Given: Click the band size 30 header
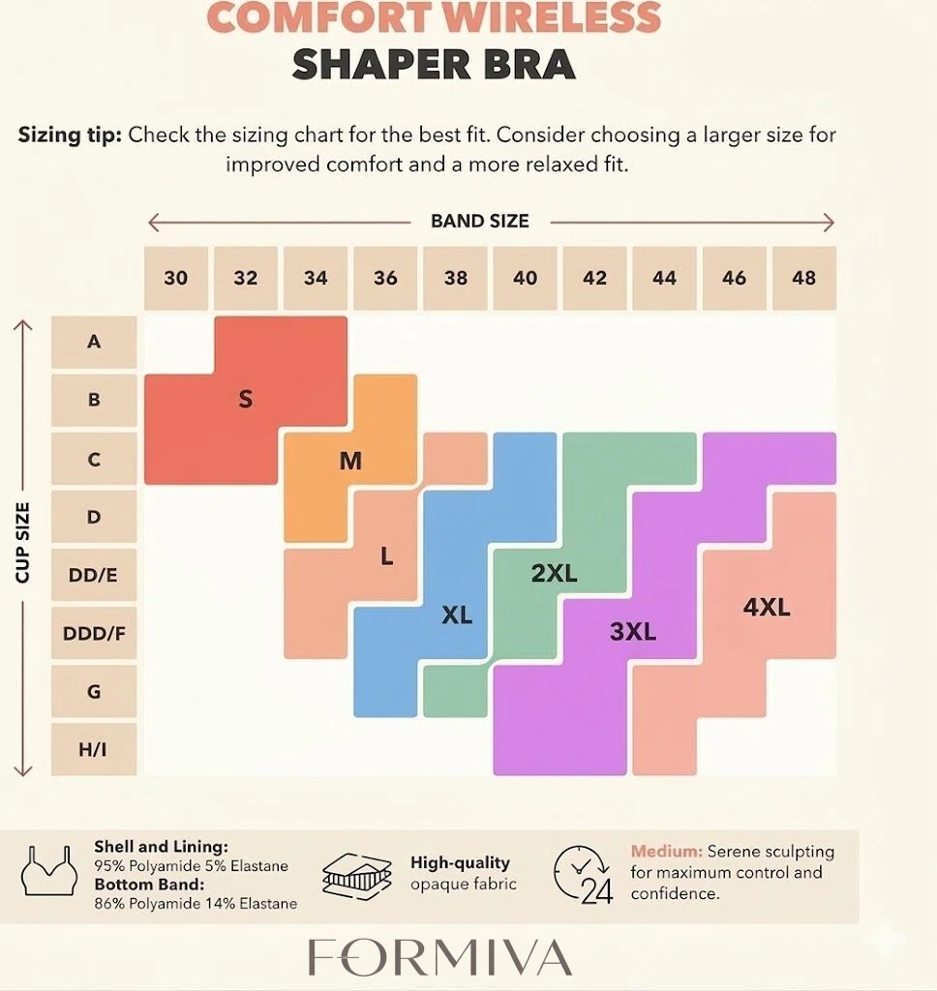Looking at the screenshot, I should click(x=175, y=278).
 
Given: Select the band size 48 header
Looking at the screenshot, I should click(x=803, y=278).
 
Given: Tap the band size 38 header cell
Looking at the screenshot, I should click(x=455, y=278).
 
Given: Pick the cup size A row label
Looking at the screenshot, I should click(x=94, y=341).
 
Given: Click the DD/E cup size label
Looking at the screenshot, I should click(x=94, y=575).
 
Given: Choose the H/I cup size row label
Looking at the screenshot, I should click(x=94, y=750).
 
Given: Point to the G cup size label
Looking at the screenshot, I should click(x=94, y=692).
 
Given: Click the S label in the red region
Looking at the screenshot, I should click(x=245, y=399).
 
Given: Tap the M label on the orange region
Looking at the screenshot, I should click(x=350, y=462).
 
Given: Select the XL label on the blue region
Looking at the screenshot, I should click(x=457, y=615).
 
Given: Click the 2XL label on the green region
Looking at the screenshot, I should click(x=554, y=573).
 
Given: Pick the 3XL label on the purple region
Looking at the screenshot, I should click(x=633, y=633).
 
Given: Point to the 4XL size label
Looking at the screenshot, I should click(x=767, y=608).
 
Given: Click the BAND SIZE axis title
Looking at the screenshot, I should click(x=480, y=222).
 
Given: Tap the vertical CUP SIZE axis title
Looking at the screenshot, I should click(x=23, y=542).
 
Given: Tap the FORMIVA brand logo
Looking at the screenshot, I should click(x=440, y=957).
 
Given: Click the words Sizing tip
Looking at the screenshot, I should click(x=70, y=135).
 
